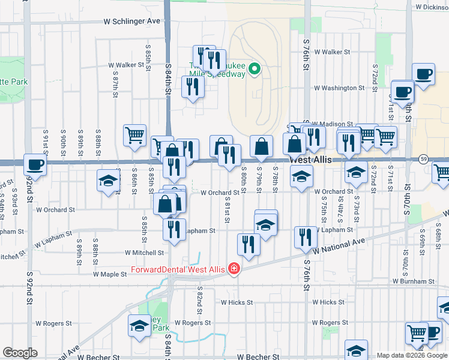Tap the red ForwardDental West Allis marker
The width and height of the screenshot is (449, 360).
(234, 269)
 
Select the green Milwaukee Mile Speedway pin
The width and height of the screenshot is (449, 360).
(255, 70)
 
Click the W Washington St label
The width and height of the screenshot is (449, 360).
(339, 88)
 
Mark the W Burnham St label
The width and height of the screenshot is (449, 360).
(414, 281)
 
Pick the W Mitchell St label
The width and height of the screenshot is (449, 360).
(145, 253)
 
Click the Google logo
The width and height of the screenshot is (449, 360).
(20, 353)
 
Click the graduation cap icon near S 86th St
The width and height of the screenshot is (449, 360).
(108, 180)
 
